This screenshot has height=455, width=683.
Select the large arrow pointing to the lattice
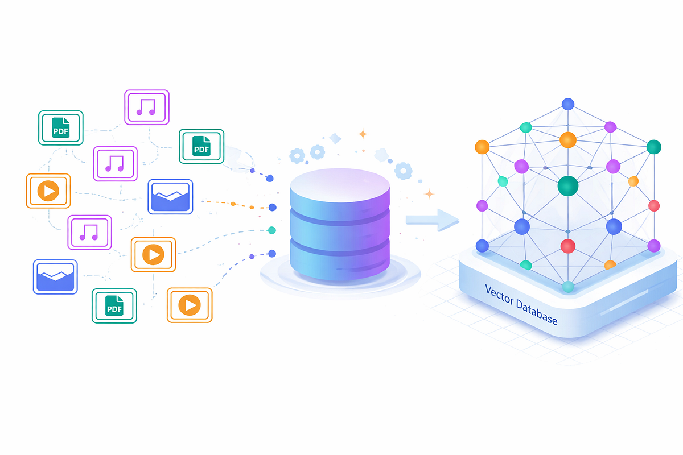click(433, 220)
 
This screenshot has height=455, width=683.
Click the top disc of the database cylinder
click(340, 185)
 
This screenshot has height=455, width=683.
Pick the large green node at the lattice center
click(568, 185)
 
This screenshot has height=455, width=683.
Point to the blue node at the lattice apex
click(568, 104)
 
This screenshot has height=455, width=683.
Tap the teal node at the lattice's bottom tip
click(568, 287)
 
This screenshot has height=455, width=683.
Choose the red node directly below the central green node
click(568, 246)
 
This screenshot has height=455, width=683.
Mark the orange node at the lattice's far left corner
click(482, 147)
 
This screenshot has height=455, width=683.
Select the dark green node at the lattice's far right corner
click(654, 147)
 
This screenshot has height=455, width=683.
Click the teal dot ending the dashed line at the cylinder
click(271, 230)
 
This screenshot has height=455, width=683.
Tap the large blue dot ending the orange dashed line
click(272, 207)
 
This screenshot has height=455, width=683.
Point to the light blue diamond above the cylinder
click(335, 139)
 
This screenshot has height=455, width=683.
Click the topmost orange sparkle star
click(363, 134)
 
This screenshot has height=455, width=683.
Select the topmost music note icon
click(147, 107)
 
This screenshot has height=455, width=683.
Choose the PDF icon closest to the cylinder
click(201, 146)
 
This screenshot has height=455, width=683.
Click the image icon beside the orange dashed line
click(170, 197)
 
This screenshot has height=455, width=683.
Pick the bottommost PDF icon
click(114, 306)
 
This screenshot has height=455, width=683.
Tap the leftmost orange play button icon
click(48, 191)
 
